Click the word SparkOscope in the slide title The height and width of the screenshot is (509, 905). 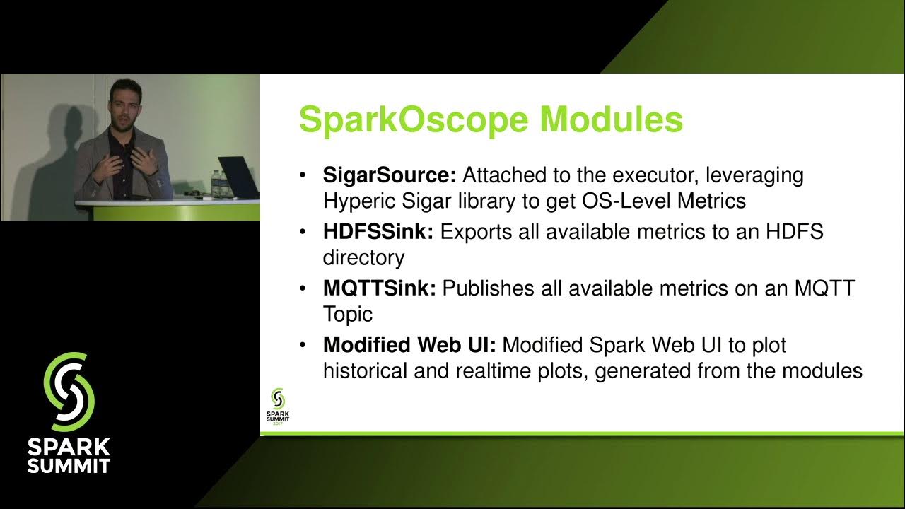414,119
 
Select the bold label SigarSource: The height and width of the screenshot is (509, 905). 390,175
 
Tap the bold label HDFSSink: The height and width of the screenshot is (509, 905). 378,232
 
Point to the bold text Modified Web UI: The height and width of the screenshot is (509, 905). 409,345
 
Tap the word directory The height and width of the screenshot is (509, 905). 363,258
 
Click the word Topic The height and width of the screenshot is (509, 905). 347,315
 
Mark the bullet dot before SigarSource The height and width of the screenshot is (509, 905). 303,175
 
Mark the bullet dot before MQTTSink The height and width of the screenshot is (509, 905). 303,289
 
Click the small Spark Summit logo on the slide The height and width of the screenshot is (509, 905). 278,406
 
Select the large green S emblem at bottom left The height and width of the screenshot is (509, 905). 69,392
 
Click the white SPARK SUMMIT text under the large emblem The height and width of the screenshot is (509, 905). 69,456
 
